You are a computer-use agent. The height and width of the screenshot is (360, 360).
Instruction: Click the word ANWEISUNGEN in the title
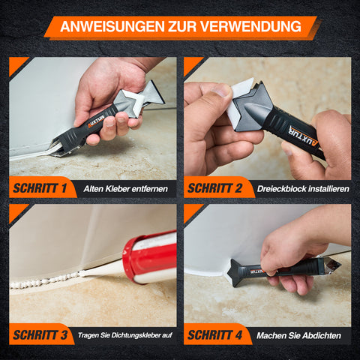[x=112, y=26]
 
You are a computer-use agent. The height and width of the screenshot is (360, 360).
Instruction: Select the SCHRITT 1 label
[x=40, y=188]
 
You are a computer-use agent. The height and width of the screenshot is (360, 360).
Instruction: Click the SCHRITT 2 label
[x=214, y=188]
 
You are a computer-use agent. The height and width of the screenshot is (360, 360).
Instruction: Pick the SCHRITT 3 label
[x=40, y=335]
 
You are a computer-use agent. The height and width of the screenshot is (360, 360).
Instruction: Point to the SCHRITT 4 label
[x=214, y=335]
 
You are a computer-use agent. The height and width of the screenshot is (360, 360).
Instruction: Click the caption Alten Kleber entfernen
[x=125, y=189]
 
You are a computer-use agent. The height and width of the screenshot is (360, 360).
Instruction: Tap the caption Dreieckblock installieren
[x=303, y=189]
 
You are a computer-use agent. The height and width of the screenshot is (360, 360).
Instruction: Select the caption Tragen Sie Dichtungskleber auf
[x=125, y=335]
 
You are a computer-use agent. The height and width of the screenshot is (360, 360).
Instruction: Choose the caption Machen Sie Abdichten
[x=298, y=335]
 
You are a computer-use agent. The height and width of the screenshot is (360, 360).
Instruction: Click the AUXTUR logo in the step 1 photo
[x=96, y=121]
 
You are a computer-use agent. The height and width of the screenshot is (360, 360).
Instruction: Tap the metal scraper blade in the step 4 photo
[x=333, y=265]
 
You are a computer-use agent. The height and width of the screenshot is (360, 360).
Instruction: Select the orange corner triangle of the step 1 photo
[x=16, y=64]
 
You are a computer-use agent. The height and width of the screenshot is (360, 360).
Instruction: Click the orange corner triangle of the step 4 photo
[x=191, y=211]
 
